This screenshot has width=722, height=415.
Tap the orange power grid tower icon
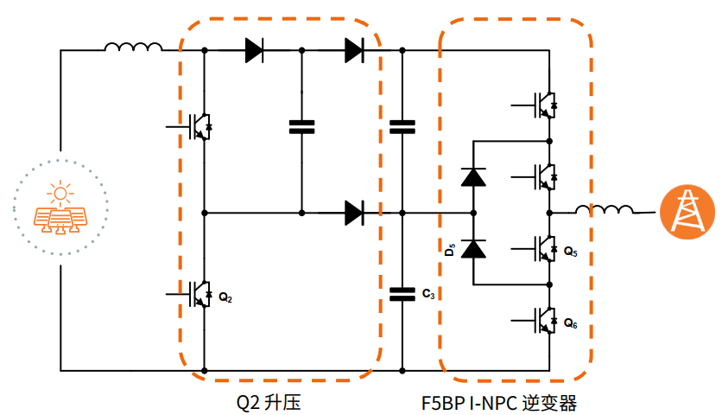pos(687,211)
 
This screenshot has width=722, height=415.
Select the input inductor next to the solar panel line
pos(133,48)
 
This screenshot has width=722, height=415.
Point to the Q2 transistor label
pos(225,297)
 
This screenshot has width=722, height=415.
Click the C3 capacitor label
pos(429,295)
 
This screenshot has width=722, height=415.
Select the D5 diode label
pos(449,251)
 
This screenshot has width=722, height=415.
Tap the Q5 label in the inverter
pos(571,252)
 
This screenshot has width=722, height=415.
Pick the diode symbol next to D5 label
pos(473,249)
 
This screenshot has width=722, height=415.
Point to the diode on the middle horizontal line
pos(353,212)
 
